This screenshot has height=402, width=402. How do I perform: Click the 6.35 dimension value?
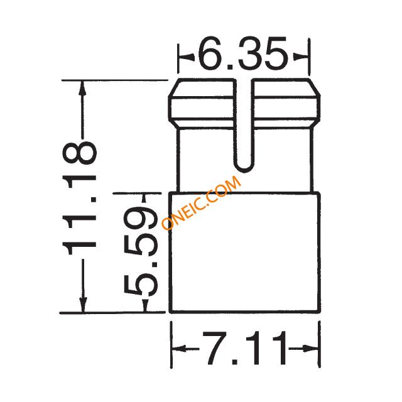[x=243, y=53]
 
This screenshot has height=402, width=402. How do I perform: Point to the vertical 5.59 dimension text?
[x=141, y=250]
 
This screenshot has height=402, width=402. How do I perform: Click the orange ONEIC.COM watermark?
[x=201, y=202]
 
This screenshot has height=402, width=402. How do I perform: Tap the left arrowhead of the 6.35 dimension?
[x=186, y=57]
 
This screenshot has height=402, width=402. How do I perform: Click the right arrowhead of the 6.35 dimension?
[x=300, y=57]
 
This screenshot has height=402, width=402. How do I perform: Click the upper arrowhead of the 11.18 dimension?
[x=82, y=89]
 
